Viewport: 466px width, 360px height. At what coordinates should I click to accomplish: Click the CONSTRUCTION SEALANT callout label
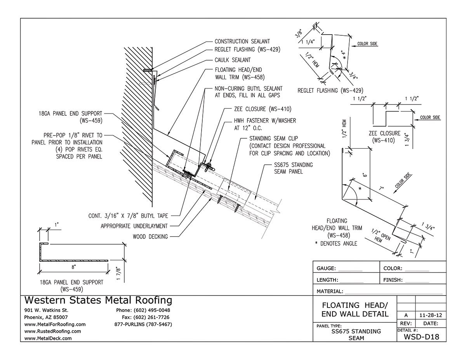tap(242, 41)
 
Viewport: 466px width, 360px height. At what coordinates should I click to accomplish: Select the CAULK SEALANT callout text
tap(232, 60)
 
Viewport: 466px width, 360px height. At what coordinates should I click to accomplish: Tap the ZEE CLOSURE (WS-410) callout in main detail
tap(262, 109)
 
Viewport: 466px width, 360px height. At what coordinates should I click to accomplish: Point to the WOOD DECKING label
tap(150, 236)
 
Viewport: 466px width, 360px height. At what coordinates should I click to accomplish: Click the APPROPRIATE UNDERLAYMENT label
tap(134, 226)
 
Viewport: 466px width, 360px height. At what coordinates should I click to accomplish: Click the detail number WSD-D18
tap(421, 337)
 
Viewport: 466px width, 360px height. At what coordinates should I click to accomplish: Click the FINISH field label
tap(393, 280)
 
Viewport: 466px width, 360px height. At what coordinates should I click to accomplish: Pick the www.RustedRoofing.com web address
tap(52, 331)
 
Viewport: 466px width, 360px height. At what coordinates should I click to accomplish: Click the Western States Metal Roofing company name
tap(98, 300)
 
